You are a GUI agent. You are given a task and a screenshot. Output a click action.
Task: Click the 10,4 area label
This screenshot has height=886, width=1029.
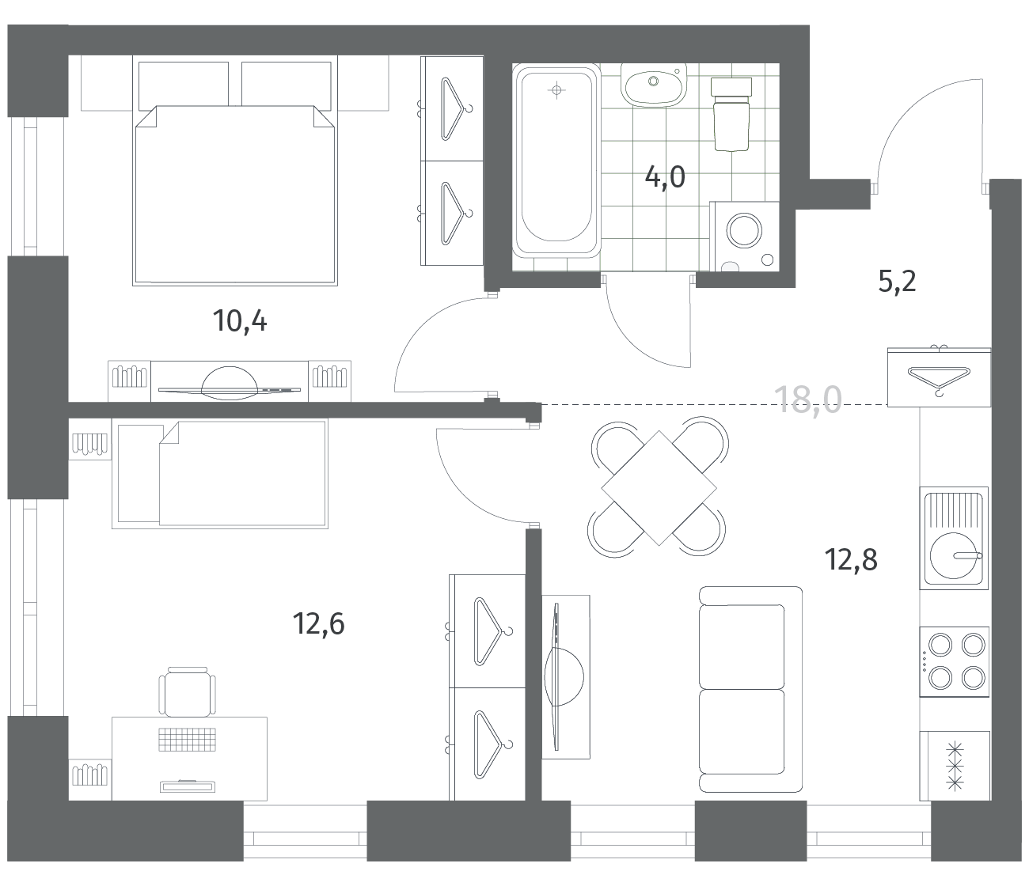[x=240, y=321]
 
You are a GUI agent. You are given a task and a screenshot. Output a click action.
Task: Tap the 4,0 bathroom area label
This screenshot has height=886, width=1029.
[x=665, y=176]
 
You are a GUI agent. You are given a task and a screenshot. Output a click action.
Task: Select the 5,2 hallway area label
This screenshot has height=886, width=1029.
[x=897, y=282]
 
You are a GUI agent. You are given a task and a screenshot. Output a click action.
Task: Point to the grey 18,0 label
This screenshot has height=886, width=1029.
[x=808, y=399]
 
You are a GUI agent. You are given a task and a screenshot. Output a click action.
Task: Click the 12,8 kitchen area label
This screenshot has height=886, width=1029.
[x=851, y=559]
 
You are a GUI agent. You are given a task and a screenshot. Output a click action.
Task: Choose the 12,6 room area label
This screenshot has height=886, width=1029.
[x=319, y=624]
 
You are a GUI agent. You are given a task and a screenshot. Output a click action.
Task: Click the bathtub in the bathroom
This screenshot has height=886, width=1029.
[x=556, y=160]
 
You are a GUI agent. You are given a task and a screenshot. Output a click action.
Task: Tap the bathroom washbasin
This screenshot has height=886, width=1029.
[x=653, y=85]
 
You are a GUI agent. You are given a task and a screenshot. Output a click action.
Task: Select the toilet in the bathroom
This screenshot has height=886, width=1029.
[x=731, y=115]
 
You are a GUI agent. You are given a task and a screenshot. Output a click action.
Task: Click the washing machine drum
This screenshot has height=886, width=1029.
[x=744, y=230]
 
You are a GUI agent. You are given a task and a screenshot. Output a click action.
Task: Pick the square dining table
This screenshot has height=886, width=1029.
[x=659, y=487]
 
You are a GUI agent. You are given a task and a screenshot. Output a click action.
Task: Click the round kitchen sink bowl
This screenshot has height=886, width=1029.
[x=953, y=555]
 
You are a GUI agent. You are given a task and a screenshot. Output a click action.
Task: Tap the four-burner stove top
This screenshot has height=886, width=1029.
[x=954, y=661]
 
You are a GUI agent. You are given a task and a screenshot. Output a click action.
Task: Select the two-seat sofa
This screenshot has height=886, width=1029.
[x=750, y=689]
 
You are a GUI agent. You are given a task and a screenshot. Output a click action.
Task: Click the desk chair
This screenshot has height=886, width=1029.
[x=187, y=692]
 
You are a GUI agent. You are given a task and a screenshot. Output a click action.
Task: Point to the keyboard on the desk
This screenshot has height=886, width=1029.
[x=187, y=739]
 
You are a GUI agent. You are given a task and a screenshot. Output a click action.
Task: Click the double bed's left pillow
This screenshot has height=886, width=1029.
[x=183, y=85]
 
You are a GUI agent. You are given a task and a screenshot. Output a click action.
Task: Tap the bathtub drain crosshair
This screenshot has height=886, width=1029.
[x=556, y=90]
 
